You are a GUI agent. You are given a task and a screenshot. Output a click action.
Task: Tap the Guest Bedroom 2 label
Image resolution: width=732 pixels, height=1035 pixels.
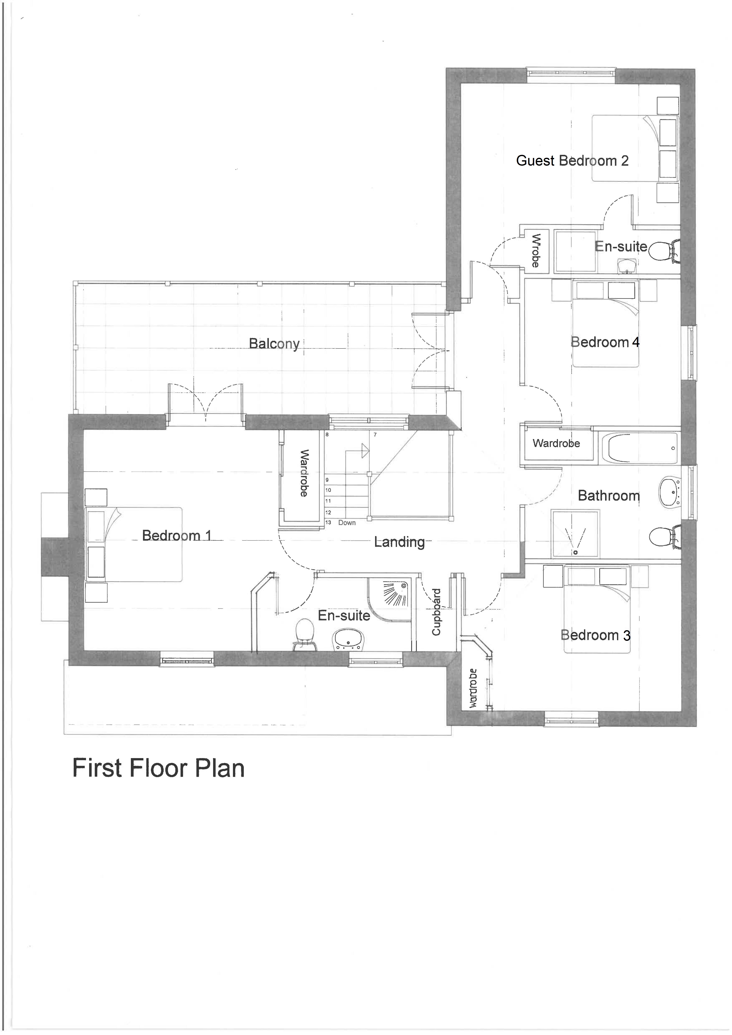tap(572, 161)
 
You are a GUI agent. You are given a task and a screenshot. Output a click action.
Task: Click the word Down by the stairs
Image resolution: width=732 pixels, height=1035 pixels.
tap(347, 523)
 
